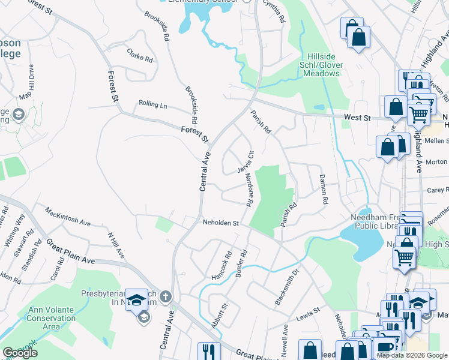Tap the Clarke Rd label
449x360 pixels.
coord(140,56)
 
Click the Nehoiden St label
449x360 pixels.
coord(220,223)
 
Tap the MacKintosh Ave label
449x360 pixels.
coord(68,215)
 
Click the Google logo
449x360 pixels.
coord(20,353)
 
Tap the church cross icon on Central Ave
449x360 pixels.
coord(166,296)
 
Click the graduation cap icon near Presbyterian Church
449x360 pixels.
coord(140,299)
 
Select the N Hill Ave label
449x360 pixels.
coord(116,245)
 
